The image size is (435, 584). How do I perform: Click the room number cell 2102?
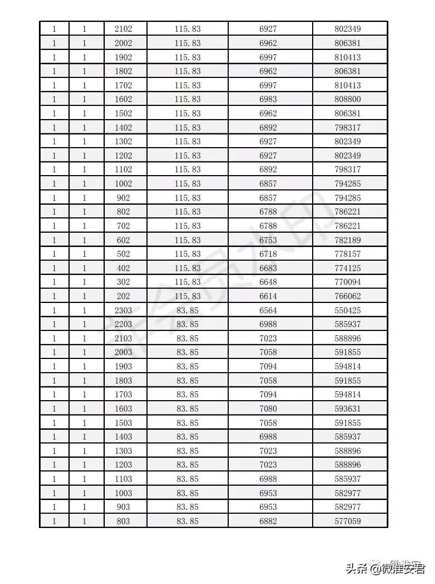click(123, 29)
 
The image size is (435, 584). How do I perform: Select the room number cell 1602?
click(123, 99)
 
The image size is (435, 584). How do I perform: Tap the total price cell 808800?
click(348, 99)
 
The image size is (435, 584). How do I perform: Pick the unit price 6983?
click(268, 99)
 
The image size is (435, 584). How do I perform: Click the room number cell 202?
click(123, 296)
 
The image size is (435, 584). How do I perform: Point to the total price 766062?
click(348, 296)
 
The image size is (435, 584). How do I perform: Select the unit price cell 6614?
click(268, 296)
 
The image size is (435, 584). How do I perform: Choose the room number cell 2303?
click(123, 311)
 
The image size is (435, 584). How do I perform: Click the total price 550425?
click(348, 311)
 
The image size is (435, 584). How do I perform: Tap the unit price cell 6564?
click(268, 311)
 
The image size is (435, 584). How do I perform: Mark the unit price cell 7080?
click(268, 409)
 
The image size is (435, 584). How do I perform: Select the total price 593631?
click(348, 409)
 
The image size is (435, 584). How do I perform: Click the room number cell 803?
click(123, 521)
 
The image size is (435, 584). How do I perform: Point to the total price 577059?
click(348, 521)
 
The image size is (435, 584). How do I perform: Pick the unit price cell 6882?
click(268, 521)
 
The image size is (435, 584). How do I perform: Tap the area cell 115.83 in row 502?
click(188, 254)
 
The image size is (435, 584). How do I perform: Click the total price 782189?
click(348, 240)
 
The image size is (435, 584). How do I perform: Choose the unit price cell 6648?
click(268, 282)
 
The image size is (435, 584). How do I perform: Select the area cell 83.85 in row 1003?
click(188, 493)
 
